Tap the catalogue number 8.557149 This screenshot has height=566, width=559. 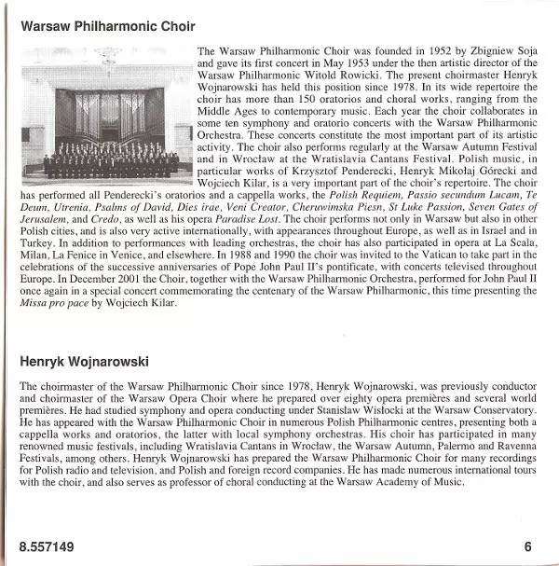click(x=47, y=546)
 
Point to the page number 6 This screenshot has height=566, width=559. click(x=528, y=546)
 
